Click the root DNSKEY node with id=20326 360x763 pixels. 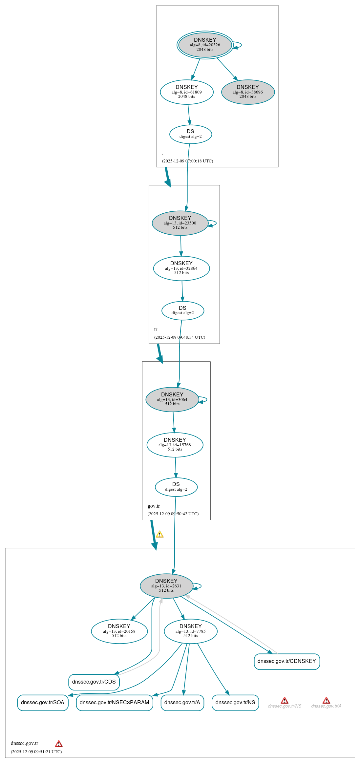coord(205,45)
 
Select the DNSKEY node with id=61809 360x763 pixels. coord(187,92)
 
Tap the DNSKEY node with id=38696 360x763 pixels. coord(248,92)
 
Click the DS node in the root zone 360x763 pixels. coord(191,134)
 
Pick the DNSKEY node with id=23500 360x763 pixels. coord(180,223)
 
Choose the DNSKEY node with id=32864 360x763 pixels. coord(181,268)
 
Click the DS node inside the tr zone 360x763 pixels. coord(183,310)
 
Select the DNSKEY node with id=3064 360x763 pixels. coord(172,399)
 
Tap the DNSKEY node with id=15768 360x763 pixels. coord(175,445)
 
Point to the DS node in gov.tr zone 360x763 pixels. coord(176,487)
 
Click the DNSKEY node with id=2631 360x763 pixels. coord(166,586)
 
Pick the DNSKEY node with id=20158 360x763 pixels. coord(119,631)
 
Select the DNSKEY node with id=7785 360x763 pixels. coord(191,631)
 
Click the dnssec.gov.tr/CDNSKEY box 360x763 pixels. coord(287,661)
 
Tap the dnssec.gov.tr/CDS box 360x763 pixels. coord(94,682)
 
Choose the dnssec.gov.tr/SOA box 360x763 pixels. coord(43,703)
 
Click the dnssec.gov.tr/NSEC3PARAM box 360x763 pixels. coord(115,703)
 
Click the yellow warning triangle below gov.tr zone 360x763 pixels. coord(160,534)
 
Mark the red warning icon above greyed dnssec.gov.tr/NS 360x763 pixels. coord(285,700)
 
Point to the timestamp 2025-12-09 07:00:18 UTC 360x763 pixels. coord(187,161)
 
